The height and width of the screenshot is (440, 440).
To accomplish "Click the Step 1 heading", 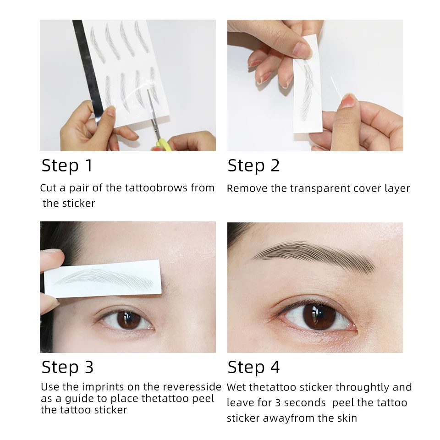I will click(67, 165).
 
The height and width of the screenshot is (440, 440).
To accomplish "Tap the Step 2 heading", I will click(253, 165).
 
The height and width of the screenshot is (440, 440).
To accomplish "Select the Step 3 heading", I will click(67, 367).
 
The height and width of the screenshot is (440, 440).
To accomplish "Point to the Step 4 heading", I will click(253, 367).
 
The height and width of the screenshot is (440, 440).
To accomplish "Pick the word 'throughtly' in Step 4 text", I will click(362, 387).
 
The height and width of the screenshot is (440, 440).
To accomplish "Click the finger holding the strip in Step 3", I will click(50, 259).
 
